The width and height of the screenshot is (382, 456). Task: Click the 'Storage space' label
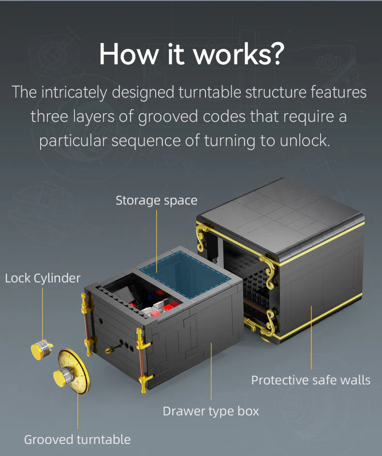(x=156, y=200)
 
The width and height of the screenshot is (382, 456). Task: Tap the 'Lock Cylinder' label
(x=43, y=278)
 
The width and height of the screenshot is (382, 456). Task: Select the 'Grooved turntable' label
(x=77, y=440)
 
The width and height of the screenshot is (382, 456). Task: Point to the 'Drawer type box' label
(x=211, y=412)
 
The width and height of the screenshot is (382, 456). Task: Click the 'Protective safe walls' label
(x=310, y=380)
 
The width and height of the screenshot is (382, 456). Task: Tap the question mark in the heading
(x=274, y=54)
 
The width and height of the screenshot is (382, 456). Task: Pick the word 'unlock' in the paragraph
(x=304, y=141)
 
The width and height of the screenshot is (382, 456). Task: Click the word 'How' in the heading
(x=125, y=54)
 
